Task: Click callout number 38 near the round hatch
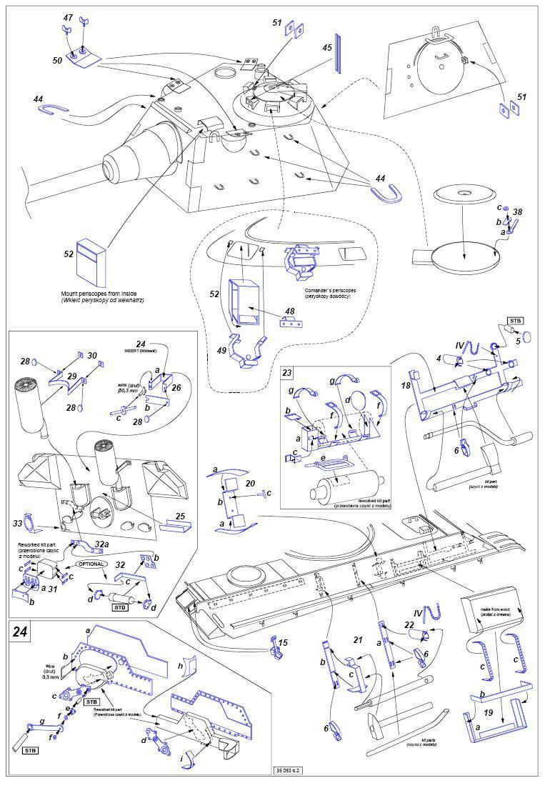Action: (518, 211)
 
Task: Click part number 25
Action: (181, 515)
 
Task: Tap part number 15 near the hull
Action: (283, 642)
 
